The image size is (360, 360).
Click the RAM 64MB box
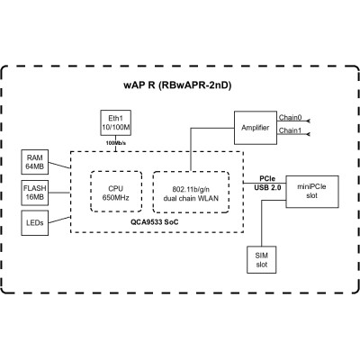[x=35, y=163]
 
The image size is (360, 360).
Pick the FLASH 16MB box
[x=35, y=192]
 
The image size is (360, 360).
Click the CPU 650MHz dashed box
[x=115, y=191]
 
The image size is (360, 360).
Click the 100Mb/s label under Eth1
[x=116, y=144]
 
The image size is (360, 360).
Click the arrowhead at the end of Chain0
[x=309, y=120]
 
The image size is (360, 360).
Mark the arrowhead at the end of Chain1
[x=309, y=135]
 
